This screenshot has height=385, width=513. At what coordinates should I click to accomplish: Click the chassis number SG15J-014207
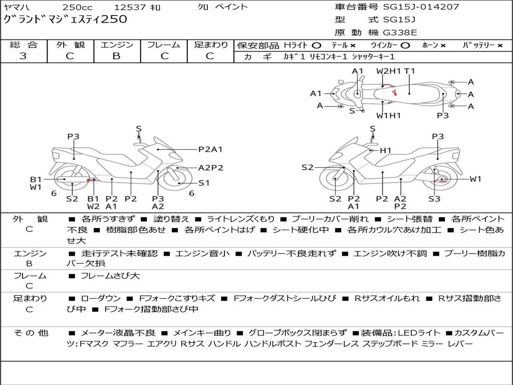pos(421,7)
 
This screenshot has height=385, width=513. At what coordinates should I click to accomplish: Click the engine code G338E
pos(400,33)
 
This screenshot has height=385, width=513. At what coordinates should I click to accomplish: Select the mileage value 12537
pos(130,7)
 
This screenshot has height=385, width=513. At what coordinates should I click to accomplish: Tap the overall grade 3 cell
pos(23,56)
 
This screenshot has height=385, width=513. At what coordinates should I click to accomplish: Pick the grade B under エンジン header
pos(116,56)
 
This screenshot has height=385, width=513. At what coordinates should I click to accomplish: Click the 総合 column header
pos(23,45)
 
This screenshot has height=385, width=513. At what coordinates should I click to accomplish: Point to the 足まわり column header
pos(211,45)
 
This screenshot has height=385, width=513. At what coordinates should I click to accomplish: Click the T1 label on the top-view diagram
pos(410,71)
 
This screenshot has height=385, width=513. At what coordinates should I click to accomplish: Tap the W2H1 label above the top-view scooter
pos(389,71)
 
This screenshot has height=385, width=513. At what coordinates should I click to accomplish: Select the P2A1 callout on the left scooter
pos(210,149)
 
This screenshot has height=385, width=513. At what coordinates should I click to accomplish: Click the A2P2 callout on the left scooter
pos(211,168)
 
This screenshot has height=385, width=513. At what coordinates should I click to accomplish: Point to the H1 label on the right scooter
pos(385,150)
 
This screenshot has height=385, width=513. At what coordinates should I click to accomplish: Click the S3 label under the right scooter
pos(434,199)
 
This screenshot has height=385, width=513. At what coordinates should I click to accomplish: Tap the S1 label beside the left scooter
pos(204,183)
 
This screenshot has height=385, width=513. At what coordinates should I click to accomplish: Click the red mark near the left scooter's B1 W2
pos(90,180)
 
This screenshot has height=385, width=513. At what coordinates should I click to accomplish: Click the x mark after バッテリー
pos(500,45)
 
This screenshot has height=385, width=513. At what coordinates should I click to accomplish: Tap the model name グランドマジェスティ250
pos(65,20)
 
